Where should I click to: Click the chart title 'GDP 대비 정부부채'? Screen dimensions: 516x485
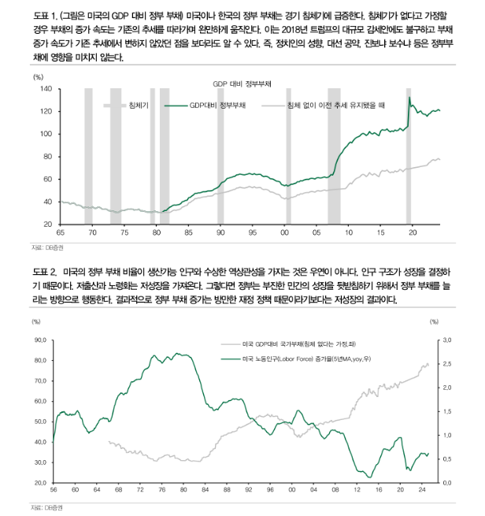pyautogui.click(x=242, y=83)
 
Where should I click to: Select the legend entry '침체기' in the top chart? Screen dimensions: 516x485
pyautogui.click(x=139, y=104)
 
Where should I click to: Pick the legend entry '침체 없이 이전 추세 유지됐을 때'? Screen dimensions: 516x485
pyautogui.click(x=334, y=104)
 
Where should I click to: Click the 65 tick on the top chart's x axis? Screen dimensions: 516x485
pyautogui.click(x=60, y=232)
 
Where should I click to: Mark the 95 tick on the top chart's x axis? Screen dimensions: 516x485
pyautogui.click(x=252, y=232)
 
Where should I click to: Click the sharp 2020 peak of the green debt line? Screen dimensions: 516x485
pyautogui.click(x=409, y=98)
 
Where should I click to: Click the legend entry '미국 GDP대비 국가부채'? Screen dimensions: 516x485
pyautogui.click(x=298, y=345)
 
